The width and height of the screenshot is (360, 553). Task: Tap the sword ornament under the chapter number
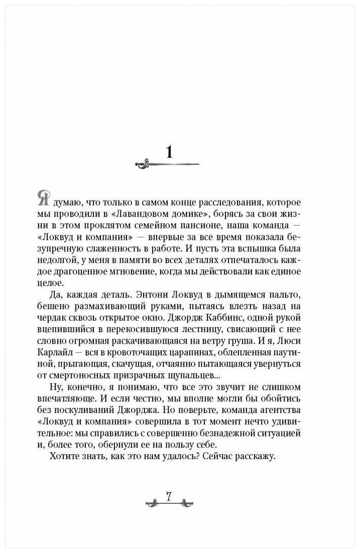click(x=169, y=164)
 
